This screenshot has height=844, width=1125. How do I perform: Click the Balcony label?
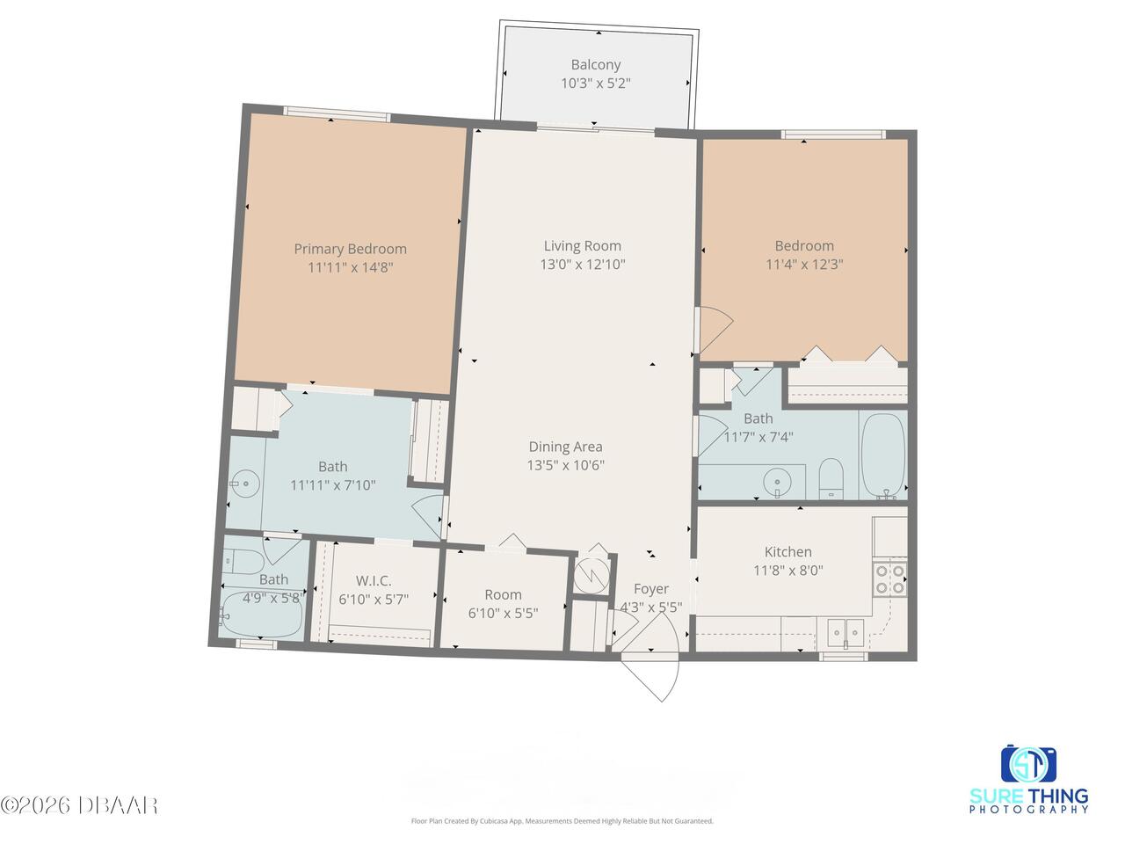point(596,64)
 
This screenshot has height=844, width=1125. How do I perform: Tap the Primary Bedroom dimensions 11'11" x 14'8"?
point(350,267)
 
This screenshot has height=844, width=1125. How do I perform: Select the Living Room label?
point(582,246)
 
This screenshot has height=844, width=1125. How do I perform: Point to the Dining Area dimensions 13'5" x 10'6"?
point(565,465)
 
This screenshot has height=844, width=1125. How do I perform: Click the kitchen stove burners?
point(889,579)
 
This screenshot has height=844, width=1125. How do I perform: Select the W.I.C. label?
point(374,580)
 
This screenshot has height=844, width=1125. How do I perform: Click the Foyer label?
point(651,589)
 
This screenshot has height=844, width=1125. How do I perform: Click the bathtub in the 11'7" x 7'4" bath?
point(882,455)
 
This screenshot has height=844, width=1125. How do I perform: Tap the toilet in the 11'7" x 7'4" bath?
point(831,477)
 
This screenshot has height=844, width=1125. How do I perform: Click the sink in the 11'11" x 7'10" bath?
point(245,483)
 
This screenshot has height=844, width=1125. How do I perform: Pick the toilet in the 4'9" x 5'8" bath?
point(243,562)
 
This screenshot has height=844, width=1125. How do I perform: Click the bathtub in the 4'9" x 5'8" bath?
point(260,615)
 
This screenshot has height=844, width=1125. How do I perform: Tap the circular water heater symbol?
point(592,576)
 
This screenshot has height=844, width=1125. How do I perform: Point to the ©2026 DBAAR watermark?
point(78,805)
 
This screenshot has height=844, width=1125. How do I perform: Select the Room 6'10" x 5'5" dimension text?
point(503,613)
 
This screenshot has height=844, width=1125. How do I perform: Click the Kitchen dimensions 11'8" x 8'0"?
point(787,571)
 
